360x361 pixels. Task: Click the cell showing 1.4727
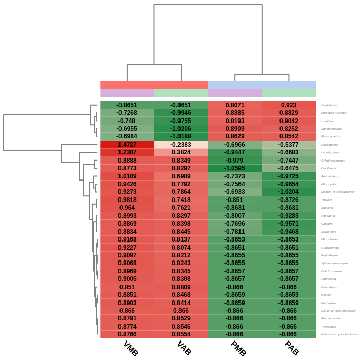(x=127, y=145)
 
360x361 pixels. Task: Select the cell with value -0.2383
(x=181, y=145)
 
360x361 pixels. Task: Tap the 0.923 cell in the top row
(x=288, y=105)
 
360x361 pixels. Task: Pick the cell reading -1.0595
(x=234, y=168)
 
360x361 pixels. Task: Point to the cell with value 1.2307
(x=127, y=152)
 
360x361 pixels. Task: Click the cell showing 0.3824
(x=181, y=152)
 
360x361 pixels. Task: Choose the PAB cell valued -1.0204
(x=288, y=192)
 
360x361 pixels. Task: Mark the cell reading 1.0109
(x=127, y=176)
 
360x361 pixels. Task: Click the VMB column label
(x=131, y=349)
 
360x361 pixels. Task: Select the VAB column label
(x=184, y=349)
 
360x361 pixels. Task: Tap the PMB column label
(x=238, y=349)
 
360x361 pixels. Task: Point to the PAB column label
(x=292, y=349)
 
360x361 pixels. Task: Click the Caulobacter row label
(x=329, y=105)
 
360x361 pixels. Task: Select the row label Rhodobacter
(x=330, y=145)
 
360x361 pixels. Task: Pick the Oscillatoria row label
(x=329, y=168)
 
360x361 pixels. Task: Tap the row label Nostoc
(x=326, y=295)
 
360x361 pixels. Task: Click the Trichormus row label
(x=329, y=327)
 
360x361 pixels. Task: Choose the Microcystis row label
(x=329, y=184)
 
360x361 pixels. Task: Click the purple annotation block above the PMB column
(x=234, y=93)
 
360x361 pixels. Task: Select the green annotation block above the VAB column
(x=181, y=93)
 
